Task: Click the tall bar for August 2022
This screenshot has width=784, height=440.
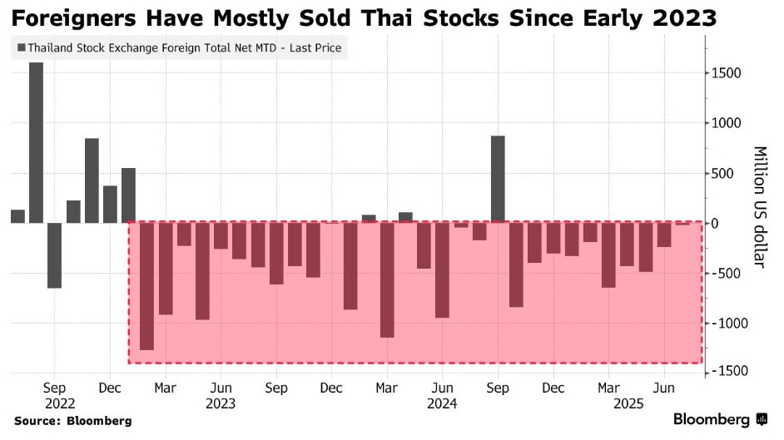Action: point(36,141)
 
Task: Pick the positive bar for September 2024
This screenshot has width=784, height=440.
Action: point(498,179)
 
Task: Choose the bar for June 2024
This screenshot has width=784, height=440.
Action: point(442,269)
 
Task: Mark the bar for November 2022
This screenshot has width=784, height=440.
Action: point(92,180)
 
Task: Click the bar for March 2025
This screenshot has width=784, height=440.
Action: point(608,255)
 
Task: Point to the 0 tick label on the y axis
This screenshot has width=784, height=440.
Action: point(713,223)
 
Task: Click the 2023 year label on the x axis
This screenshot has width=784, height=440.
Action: point(221,403)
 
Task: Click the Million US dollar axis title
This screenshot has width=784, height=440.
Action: point(760,207)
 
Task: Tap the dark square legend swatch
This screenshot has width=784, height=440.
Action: point(21,48)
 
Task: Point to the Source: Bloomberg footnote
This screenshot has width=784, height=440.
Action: point(73,422)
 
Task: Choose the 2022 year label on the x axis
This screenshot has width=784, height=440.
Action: point(54,403)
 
